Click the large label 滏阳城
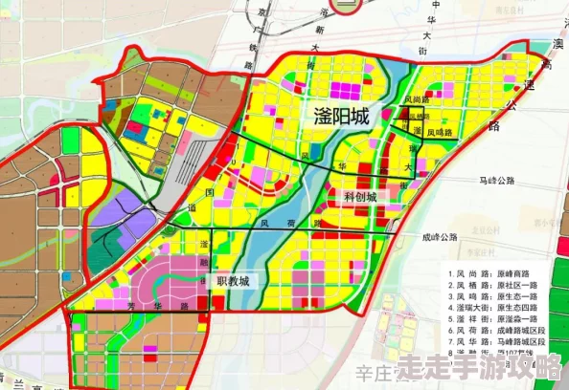click(x=341, y=117)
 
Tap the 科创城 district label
click(x=359, y=196)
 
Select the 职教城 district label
click(x=233, y=281)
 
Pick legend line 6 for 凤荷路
click(x=504, y=331)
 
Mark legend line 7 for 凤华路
click(x=504, y=342)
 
